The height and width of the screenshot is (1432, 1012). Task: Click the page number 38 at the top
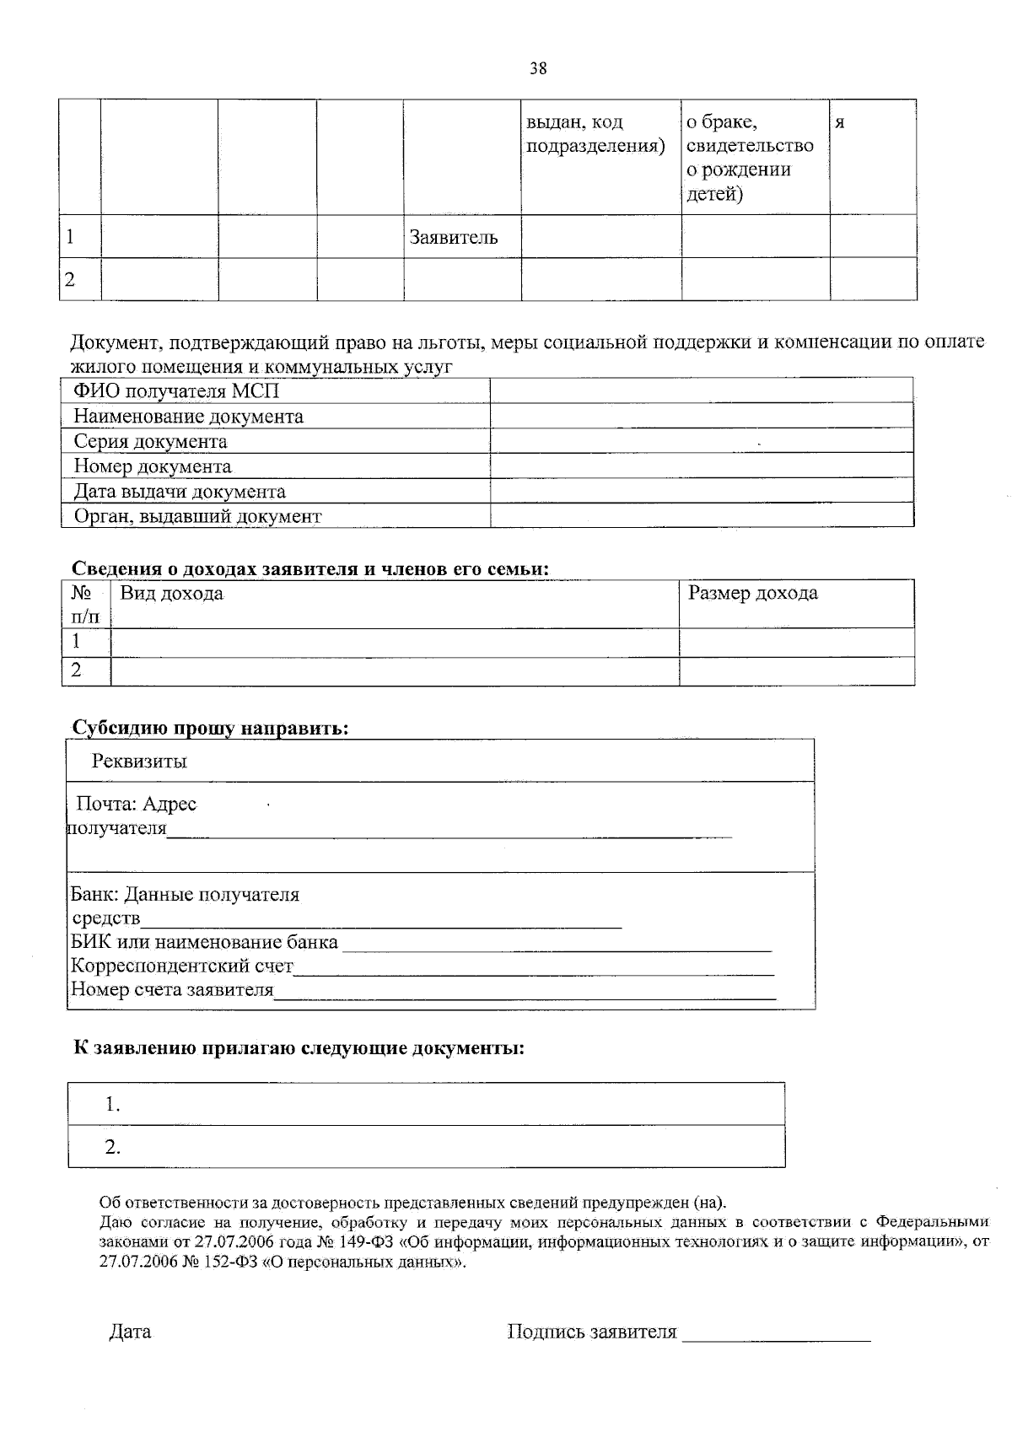pyautogui.click(x=537, y=69)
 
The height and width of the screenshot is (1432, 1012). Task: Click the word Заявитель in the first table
pyautogui.click(x=454, y=238)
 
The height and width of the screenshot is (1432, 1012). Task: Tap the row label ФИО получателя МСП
pyautogui.click(x=176, y=391)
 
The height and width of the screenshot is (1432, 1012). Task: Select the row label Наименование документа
pyautogui.click(x=188, y=417)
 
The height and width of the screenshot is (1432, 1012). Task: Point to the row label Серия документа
pyautogui.click(x=150, y=442)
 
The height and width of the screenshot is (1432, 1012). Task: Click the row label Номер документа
pyautogui.click(x=153, y=466)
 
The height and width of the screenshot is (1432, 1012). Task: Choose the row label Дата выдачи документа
pyautogui.click(x=180, y=492)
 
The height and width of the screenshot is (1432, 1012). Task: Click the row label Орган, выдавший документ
pyautogui.click(x=197, y=516)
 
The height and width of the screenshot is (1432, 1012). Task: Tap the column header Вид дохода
pyautogui.click(x=172, y=594)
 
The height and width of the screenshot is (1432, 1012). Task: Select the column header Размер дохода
pyautogui.click(x=753, y=594)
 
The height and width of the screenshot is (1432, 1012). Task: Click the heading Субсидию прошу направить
pyautogui.click(x=210, y=728)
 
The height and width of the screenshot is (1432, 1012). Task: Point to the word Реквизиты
pyautogui.click(x=139, y=762)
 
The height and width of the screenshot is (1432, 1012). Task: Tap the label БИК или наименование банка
pyautogui.click(x=204, y=942)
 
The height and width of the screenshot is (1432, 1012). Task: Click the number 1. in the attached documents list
pyautogui.click(x=113, y=1104)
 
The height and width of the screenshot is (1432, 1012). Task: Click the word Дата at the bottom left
pyautogui.click(x=131, y=1332)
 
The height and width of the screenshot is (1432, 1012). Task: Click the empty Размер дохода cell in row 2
pyautogui.click(x=796, y=671)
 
